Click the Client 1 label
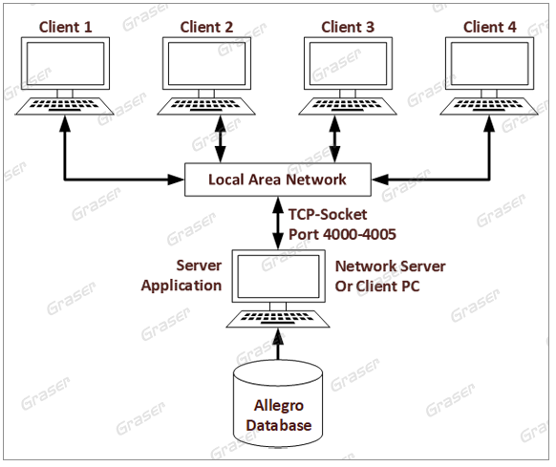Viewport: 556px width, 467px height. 65,27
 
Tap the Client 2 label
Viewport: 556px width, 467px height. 206,27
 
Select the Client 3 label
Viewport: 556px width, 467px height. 348,27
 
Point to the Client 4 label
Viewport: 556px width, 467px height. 490,27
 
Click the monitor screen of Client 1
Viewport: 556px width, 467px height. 65,63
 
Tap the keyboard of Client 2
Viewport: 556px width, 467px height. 206,106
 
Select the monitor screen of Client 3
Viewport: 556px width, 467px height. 348,63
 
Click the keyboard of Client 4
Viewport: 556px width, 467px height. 489,106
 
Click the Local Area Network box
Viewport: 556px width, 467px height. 278,180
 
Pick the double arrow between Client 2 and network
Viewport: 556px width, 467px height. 221,139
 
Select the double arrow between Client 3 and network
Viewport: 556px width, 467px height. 334,139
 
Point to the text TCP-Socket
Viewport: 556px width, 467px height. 328,215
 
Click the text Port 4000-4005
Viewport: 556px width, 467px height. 342,234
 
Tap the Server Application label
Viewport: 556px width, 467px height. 182,275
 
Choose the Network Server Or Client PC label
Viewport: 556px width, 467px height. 390,276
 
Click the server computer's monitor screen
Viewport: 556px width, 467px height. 278,276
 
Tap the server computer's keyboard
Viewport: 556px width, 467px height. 278,319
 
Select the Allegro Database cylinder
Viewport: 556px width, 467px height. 278,404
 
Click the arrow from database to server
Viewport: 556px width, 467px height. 278,344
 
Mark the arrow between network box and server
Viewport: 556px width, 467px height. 278,223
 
